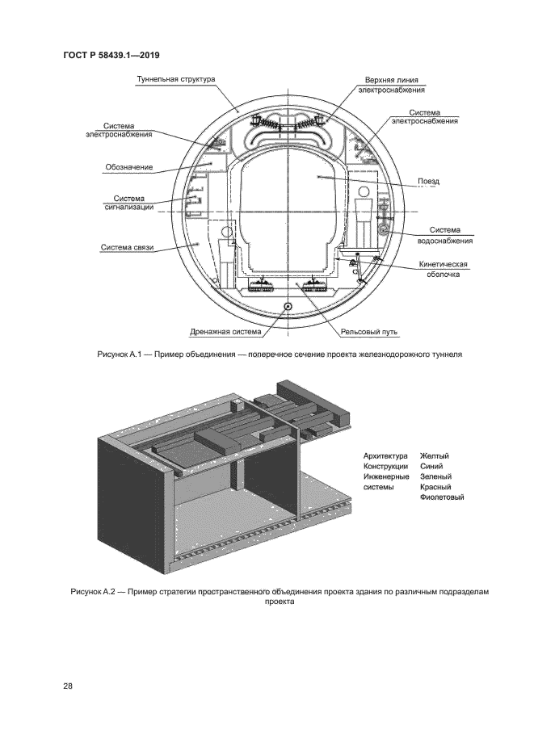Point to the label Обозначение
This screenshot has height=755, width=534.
129,168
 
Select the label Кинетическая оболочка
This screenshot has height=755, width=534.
443,269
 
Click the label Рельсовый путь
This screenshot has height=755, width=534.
368,331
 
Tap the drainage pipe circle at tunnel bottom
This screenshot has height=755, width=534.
288,306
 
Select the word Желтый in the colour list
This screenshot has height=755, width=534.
435,456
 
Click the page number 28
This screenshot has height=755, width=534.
68,686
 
